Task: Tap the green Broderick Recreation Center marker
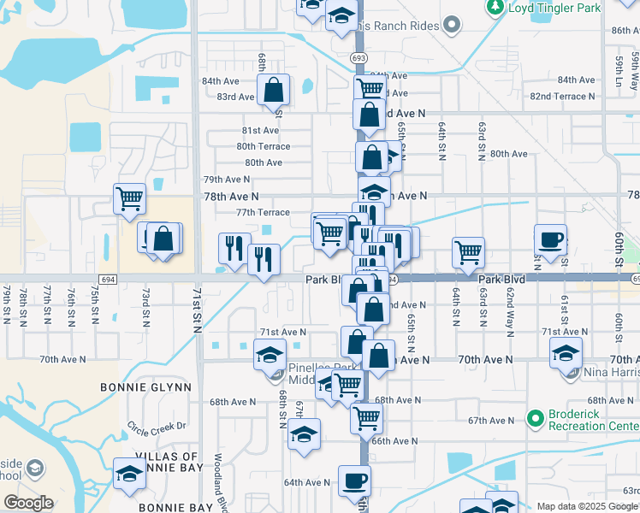pyautogui.click(x=536, y=418)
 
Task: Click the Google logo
pyautogui.click(x=28, y=502)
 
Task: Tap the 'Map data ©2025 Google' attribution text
pyautogui.click(x=587, y=506)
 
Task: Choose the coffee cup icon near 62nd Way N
pyautogui.click(x=550, y=239)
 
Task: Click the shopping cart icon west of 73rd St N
pyautogui.click(x=129, y=198)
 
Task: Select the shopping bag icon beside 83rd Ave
pyautogui.click(x=273, y=88)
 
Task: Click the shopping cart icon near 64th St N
pyautogui.click(x=468, y=252)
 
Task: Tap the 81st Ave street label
pyautogui.click(x=260, y=130)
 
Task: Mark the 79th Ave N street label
pyautogui.click(x=226, y=180)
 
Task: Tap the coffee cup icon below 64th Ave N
pyautogui.click(x=354, y=480)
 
